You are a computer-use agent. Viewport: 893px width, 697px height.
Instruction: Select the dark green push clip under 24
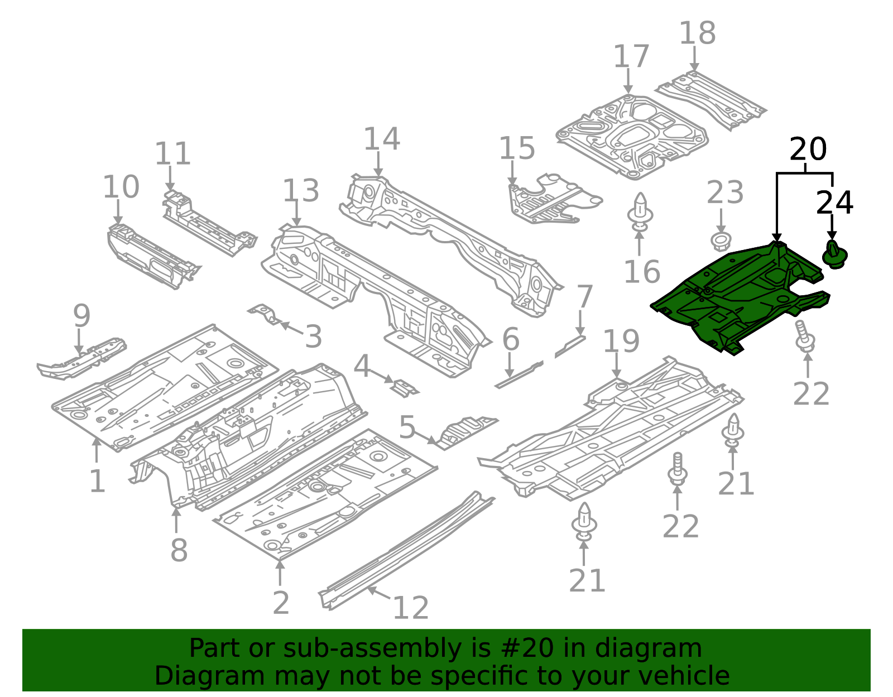(835, 255)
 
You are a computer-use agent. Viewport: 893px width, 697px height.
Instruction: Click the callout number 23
(724, 193)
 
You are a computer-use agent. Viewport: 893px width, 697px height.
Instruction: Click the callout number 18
(697, 33)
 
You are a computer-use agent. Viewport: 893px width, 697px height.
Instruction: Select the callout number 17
(631, 57)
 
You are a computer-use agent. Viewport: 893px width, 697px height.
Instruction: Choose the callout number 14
(381, 139)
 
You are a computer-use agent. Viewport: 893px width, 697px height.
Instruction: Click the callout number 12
(410, 608)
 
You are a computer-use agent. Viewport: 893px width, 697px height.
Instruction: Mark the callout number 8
(179, 550)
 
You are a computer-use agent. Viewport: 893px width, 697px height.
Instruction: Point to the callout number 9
(81, 316)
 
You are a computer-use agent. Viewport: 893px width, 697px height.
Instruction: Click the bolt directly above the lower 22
(677, 469)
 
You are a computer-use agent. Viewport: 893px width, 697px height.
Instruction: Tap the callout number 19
(621, 341)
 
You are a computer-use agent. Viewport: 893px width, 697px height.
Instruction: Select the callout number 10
(121, 187)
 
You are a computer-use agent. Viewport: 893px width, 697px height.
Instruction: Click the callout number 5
(407, 427)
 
